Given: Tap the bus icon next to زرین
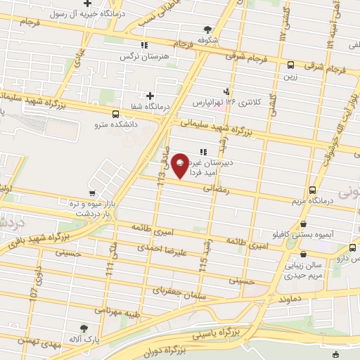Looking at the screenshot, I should point(290,64).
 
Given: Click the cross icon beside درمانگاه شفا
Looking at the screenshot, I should point(150,96).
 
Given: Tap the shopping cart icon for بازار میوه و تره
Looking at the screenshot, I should point(92,193).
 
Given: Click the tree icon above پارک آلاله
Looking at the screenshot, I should point(84,328).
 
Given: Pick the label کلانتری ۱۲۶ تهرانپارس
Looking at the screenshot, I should point(229,102).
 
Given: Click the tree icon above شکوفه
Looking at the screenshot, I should point(207,29).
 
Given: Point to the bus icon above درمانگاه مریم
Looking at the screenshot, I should point(312,191).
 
